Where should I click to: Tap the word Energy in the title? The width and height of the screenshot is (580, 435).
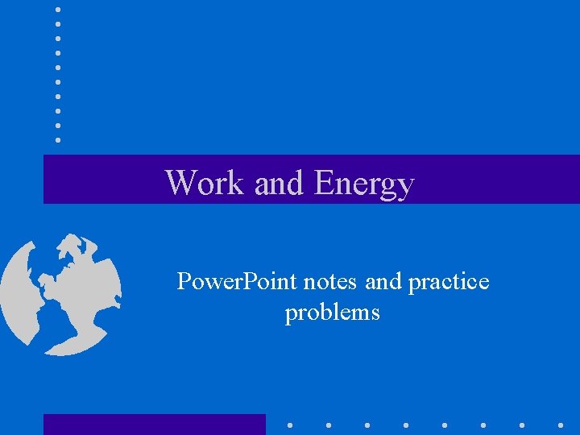tap(364, 184)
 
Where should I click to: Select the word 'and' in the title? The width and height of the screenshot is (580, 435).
tap(279, 184)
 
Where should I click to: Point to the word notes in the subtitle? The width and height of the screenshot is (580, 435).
tap(329, 282)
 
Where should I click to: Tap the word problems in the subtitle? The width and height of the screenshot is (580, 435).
tap(332, 313)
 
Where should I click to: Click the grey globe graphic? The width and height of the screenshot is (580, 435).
tap(60, 294)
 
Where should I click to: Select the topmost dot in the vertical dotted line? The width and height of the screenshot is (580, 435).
tap(58, 9)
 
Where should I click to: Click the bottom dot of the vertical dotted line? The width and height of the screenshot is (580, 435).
tap(58, 139)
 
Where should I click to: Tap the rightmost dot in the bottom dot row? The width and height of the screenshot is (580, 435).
tap(560, 424)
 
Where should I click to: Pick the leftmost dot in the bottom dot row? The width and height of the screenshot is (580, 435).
tap(290, 424)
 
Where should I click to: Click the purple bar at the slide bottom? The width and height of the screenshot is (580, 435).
tap(154, 424)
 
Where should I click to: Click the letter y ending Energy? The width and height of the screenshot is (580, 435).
tap(404, 186)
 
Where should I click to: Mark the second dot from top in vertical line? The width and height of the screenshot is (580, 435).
tap(58, 23)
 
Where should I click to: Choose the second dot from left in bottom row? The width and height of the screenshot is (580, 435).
tap(329, 424)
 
